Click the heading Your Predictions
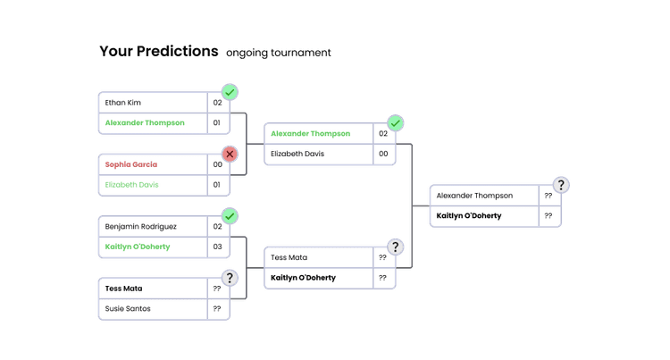pos(159,52)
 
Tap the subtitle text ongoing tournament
pos(279,53)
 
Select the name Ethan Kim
pos(123,103)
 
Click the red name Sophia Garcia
pos(131,164)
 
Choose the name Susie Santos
pos(128,308)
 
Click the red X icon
pos(230,154)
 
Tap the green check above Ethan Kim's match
pos(230,92)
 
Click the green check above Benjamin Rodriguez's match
pos(230,216)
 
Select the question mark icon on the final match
pos(561,185)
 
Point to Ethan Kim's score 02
pos(217,103)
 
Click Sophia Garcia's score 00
pos(217,164)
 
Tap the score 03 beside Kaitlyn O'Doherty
pos(217,247)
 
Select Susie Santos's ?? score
pos(217,308)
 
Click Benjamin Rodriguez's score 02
pos(217,227)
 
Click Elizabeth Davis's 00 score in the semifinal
pos(382,154)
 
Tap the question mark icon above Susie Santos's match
pos(230,278)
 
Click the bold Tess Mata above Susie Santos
pos(124,289)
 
